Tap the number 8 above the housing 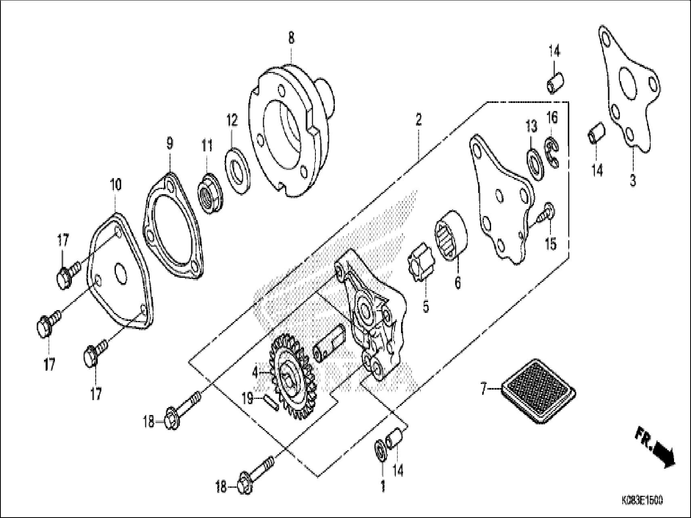pos(291,38)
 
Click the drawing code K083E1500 pos(642,501)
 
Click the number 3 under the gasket pos(632,180)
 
